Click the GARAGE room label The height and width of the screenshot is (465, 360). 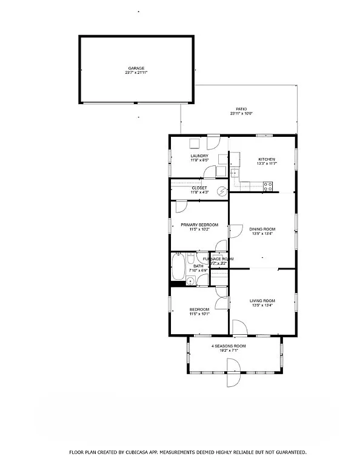136,68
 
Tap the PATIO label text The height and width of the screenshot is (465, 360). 241,109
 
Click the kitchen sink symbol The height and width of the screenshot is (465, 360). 234,173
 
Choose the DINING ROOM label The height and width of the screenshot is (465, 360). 262,229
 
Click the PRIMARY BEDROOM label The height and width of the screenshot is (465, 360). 199,225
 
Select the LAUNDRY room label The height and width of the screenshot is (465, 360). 199,156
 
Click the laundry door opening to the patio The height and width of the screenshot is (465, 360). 212,143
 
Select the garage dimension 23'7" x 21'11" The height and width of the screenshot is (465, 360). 136,73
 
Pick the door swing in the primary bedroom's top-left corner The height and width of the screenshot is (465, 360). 180,206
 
